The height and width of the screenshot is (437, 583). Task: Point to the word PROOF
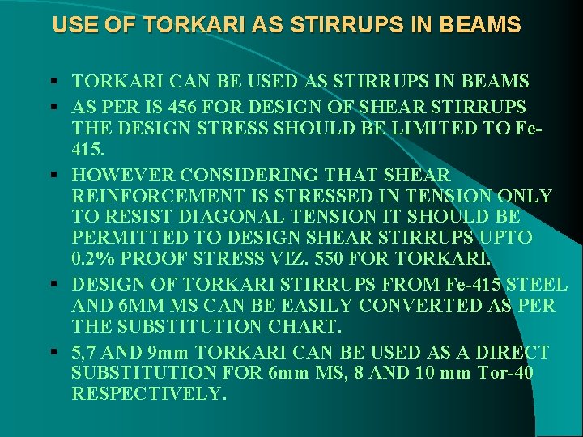tap(168, 259)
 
